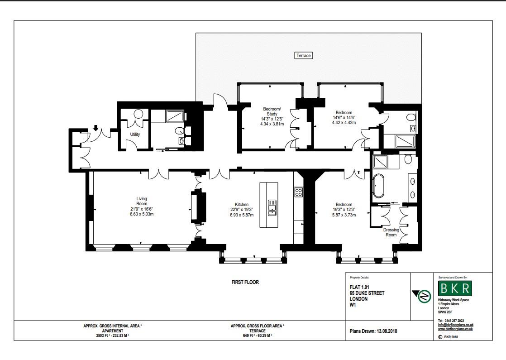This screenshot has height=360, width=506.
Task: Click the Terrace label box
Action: pyautogui.click(x=304, y=56)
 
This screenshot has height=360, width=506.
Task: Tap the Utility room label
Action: pyautogui.click(x=135, y=134)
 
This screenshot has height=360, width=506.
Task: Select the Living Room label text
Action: pyautogui.click(x=142, y=201)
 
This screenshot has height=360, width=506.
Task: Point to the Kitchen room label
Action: pyautogui.click(x=242, y=204)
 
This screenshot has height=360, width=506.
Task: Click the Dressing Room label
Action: pyautogui.click(x=391, y=232)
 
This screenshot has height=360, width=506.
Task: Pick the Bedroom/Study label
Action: pyautogui.click(x=272, y=111)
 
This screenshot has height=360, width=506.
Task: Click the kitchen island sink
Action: pyautogui.click(x=272, y=207)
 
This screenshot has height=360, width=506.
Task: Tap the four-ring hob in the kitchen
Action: pyautogui.click(x=299, y=192)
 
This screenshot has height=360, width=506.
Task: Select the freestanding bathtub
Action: pyautogui.click(x=378, y=186)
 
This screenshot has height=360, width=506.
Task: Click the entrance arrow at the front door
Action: pyautogui.click(x=95, y=128)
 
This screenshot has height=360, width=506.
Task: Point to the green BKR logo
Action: pyautogui.click(x=455, y=288)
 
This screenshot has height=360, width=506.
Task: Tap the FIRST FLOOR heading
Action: pyautogui.click(x=245, y=282)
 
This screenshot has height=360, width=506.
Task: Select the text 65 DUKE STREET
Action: pyautogui.click(x=367, y=293)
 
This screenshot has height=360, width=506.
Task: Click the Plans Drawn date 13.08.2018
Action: pyautogui.click(x=373, y=331)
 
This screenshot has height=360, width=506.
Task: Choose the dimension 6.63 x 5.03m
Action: pyautogui.click(x=142, y=214)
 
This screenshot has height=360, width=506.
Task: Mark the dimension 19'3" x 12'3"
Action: pyautogui.click(x=344, y=210)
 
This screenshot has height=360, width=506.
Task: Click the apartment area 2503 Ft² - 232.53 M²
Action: pyautogui.click(x=113, y=336)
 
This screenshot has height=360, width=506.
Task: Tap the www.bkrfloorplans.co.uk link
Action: pyautogui.click(x=455, y=329)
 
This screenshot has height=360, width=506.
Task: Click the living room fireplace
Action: pyautogui.click(x=198, y=207)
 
